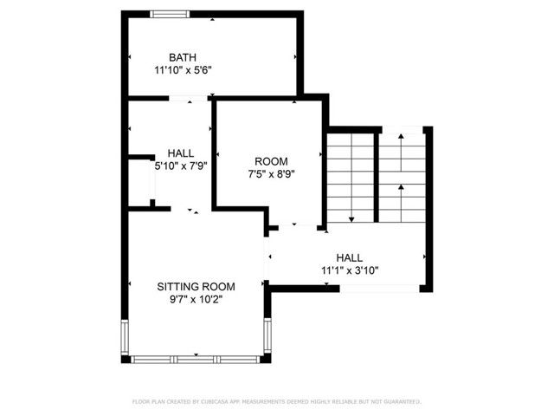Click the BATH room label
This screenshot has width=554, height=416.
point(183,57)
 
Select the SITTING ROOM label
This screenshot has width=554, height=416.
point(196,286)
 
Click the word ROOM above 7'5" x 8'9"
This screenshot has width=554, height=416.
point(271,161)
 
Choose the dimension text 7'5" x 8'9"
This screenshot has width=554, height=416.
point(271,173)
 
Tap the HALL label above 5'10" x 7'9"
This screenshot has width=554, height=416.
point(181,153)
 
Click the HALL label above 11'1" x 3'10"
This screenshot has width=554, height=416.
point(350,257)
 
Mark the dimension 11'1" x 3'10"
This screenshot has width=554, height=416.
point(350,270)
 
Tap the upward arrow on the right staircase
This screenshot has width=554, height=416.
point(402,187)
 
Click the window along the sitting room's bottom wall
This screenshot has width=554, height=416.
point(196,358)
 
